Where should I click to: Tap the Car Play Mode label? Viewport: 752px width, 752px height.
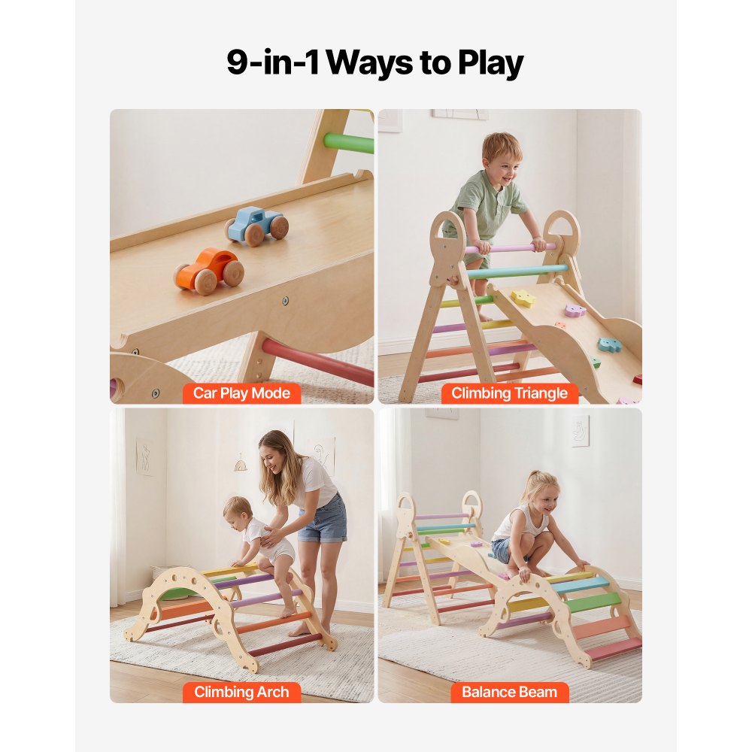(x=241, y=393)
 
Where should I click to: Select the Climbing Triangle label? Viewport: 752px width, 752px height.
(x=509, y=393)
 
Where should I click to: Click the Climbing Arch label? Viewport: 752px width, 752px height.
(x=241, y=692)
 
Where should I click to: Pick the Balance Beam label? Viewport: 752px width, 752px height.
(x=509, y=692)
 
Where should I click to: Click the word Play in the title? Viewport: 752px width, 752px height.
(x=488, y=63)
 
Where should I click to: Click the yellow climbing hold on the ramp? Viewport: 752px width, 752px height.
(x=523, y=299)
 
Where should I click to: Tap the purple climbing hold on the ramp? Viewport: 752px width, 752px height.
(x=575, y=309)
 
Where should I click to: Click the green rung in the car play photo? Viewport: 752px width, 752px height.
(x=349, y=143)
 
